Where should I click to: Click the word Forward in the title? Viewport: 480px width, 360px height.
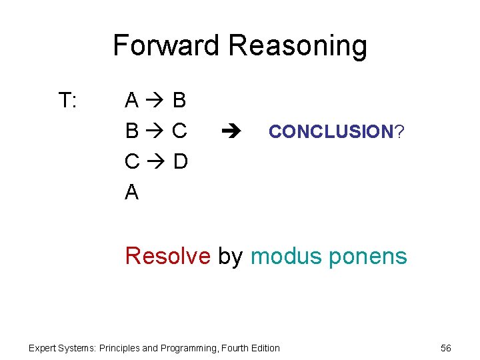(167, 46)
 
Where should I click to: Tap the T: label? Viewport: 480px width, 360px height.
(68, 101)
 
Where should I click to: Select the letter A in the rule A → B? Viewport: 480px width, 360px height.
(132, 101)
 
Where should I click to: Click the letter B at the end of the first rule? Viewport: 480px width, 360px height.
(179, 101)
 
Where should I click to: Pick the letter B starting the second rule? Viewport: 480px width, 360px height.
(132, 131)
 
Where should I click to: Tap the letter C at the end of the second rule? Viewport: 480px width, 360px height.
(179, 131)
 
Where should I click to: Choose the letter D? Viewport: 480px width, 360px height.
(180, 162)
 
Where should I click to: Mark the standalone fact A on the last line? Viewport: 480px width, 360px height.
(132, 193)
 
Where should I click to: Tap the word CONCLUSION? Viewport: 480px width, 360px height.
(331, 132)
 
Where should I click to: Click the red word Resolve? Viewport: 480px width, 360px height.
(167, 256)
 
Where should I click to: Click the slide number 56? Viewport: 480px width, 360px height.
(446, 348)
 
